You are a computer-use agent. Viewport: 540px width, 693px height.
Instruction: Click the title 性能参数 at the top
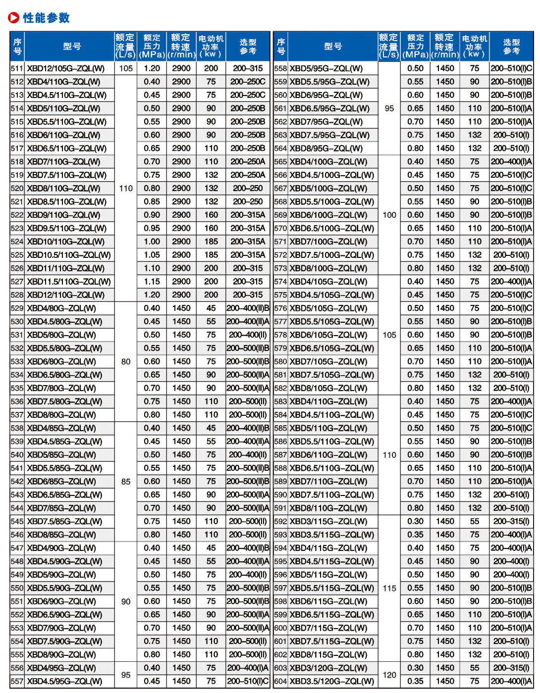[46, 18]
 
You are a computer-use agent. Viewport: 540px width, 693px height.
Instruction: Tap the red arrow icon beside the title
[13, 18]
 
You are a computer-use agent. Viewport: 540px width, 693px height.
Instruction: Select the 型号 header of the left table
[72, 47]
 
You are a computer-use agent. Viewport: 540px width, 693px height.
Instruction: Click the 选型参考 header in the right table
[511, 47]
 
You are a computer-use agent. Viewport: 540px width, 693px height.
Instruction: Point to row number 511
[17, 68]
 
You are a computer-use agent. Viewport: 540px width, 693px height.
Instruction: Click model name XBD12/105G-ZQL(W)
[65, 68]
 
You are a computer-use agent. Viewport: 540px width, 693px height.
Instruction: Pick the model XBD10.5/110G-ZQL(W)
[69, 255]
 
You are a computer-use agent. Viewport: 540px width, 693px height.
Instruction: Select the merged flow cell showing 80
[126, 361]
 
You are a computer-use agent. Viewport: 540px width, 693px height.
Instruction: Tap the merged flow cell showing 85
[126, 482]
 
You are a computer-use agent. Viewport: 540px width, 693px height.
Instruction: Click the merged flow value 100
[389, 215]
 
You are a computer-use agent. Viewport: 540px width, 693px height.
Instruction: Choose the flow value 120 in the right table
[389, 675]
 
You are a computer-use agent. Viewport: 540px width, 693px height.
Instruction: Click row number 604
[280, 681]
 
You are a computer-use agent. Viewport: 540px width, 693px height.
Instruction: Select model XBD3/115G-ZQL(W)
[328, 521]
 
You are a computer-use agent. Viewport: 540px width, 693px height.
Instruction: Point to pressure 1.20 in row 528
[152, 295]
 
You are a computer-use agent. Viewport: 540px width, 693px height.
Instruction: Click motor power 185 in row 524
[211, 242]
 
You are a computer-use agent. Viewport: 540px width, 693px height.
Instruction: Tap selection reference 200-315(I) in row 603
[511, 668]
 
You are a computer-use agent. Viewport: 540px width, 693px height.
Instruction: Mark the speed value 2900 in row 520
[181, 188]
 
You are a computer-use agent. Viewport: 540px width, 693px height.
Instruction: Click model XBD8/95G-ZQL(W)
[326, 148]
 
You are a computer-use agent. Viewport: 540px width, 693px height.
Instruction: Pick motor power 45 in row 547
[211, 548]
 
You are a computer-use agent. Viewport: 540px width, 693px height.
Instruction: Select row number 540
[17, 455]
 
